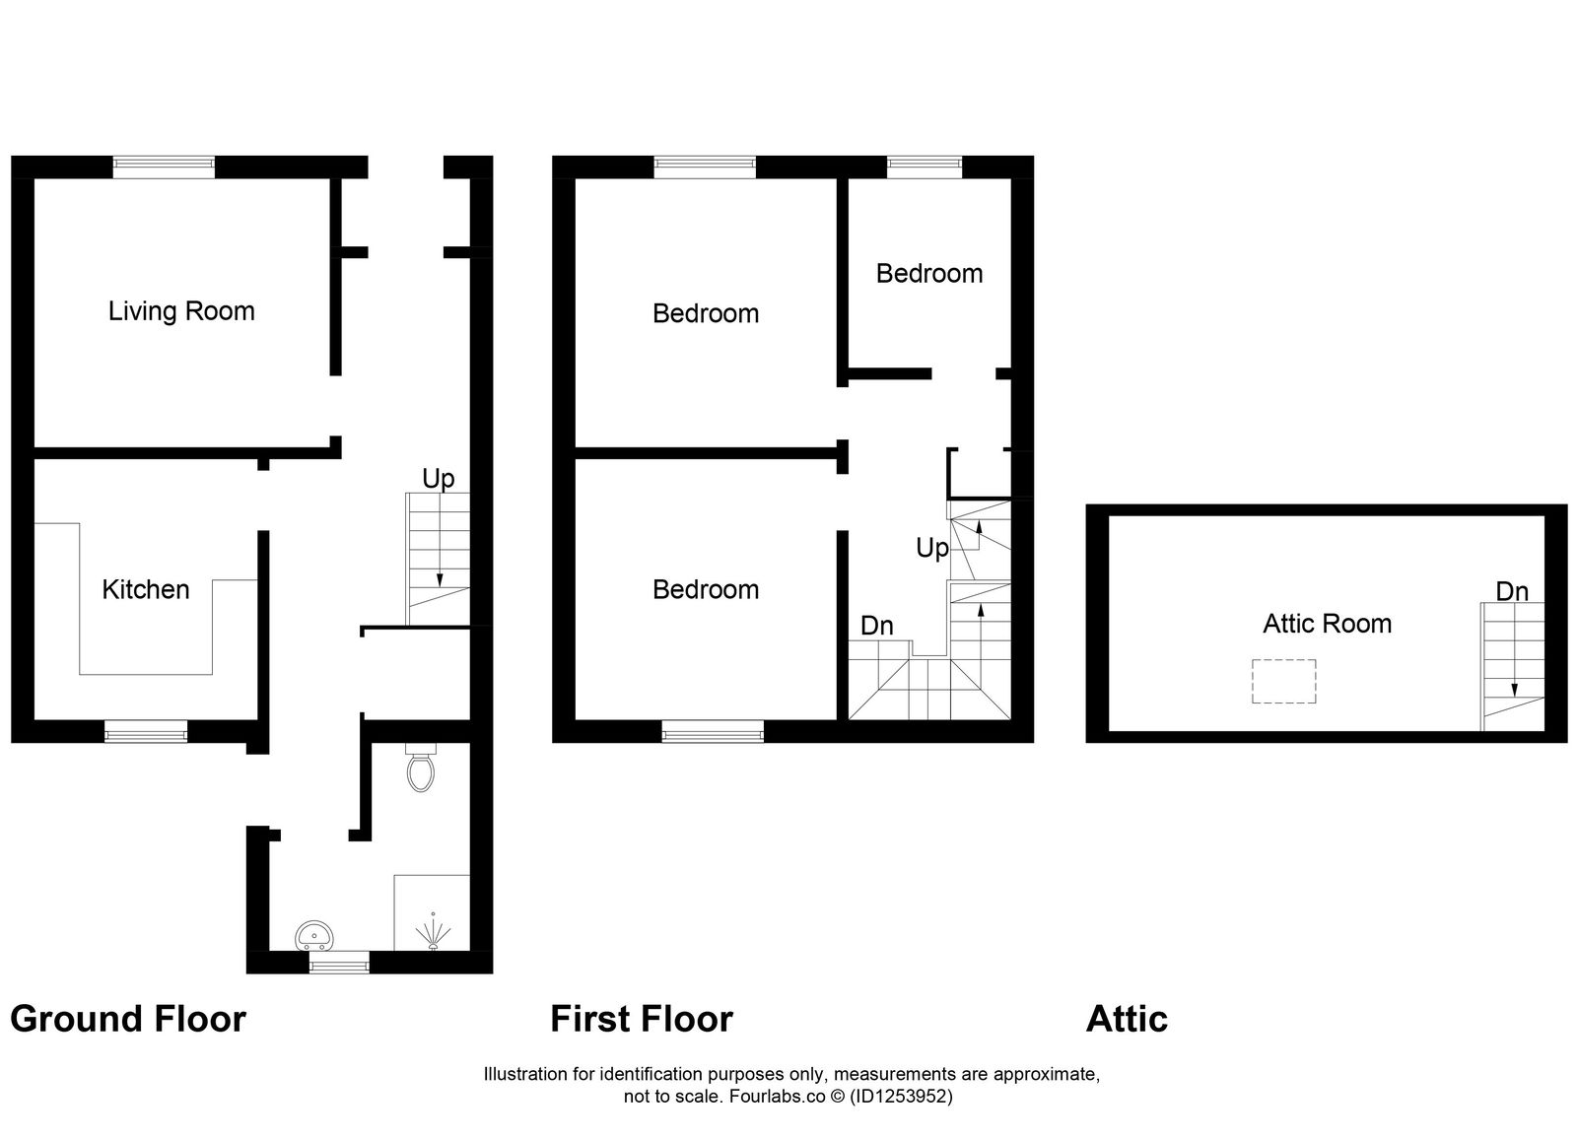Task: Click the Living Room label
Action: [181, 311]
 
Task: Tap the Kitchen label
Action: [146, 589]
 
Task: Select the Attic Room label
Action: [1327, 623]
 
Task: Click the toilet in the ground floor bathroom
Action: [421, 770]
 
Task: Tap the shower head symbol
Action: [432, 932]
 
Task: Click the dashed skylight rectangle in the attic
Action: [1283, 681]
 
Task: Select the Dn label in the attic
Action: [1511, 591]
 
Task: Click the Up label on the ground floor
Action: [438, 479]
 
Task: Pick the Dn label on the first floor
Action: [876, 626]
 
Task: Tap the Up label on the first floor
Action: [931, 548]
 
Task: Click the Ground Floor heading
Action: [128, 1019]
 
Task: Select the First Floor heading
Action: [642, 1019]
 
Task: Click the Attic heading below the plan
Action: [1127, 1019]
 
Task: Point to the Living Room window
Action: [164, 167]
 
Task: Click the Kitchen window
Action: [146, 731]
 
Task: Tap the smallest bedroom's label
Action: [928, 273]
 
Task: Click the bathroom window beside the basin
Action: [339, 963]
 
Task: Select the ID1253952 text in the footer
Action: [902, 1096]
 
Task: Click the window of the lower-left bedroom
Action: [712, 731]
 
